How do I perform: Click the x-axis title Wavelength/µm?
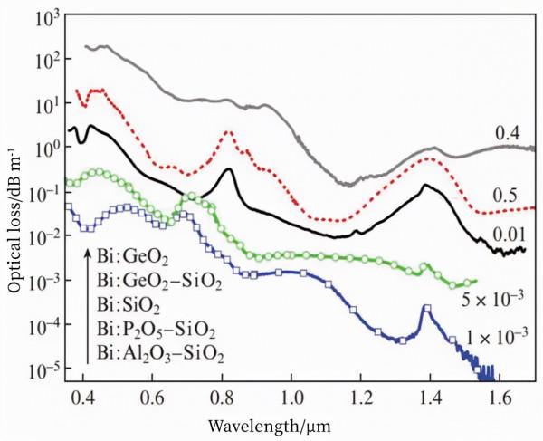[x=292, y=425]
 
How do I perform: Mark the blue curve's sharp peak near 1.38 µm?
[x=424, y=310]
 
